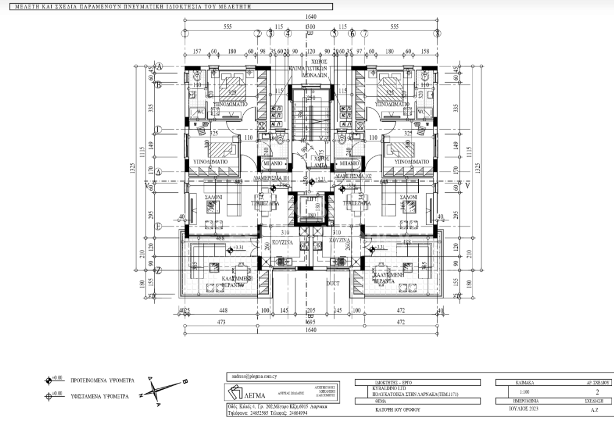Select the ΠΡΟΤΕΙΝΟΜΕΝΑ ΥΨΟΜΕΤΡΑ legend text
click(x=103, y=379)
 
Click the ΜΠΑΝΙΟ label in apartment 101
click(x=272, y=164)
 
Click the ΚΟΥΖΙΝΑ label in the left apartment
click(x=284, y=242)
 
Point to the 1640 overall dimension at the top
click(x=311, y=18)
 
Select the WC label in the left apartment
click(x=200, y=112)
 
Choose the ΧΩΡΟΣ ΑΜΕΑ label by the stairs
click(x=321, y=160)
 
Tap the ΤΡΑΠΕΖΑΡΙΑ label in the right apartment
click(x=357, y=203)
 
